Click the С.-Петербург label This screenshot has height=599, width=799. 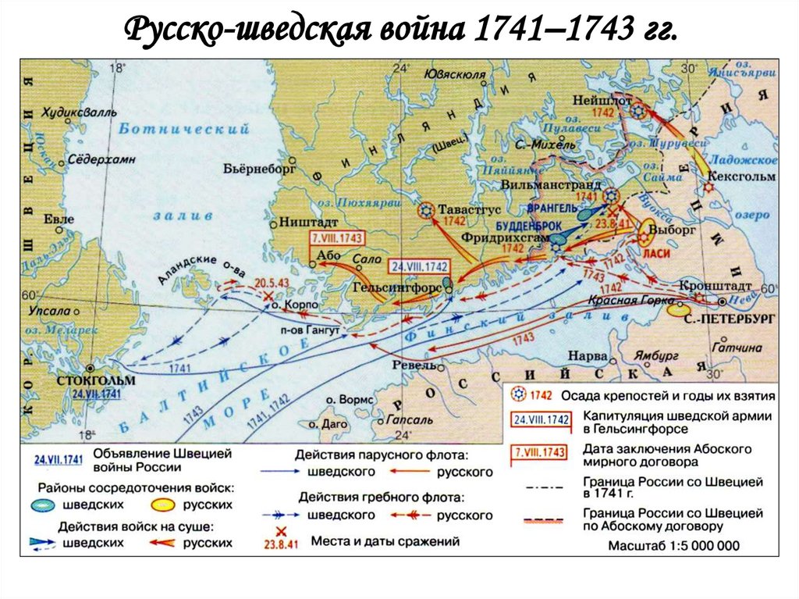point(730,320)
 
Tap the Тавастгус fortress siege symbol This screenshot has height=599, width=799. point(426,209)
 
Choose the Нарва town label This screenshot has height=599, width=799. point(585,353)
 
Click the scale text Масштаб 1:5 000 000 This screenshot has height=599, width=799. point(673,546)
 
